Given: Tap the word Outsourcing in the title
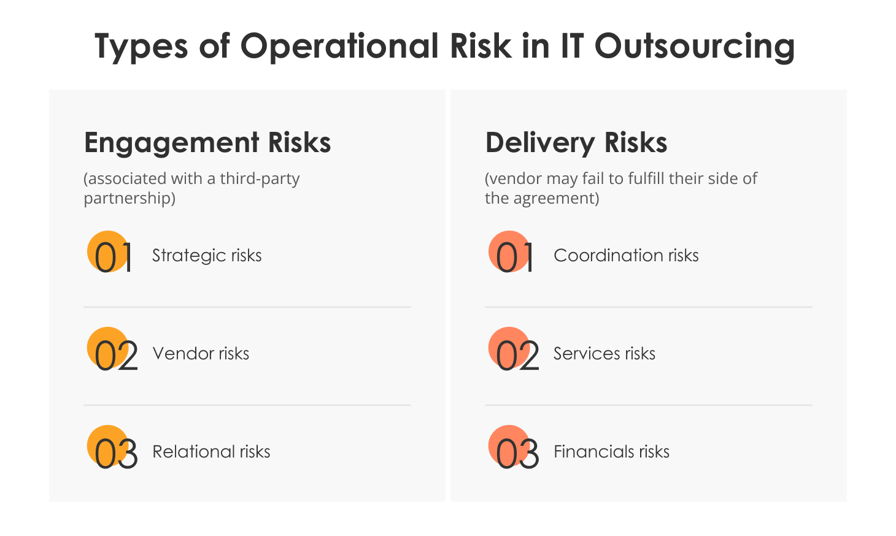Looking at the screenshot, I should click(x=695, y=47).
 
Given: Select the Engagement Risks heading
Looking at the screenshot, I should click(x=207, y=143).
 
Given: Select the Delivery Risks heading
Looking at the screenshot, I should click(x=576, y=143).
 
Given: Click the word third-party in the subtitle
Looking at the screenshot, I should click(x=260, y=178).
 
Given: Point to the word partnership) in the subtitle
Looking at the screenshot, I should click(x=129, y=198).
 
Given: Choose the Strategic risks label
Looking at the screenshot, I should click(x=207, y=256).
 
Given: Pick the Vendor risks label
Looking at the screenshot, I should click(x=201, y=354).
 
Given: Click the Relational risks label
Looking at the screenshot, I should click(x=211, y=452).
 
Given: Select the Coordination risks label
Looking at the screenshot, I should click(x=626, y=256).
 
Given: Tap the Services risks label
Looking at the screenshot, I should click(x=604, y=354).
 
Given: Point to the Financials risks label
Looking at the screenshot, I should click(x=611, y=452).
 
